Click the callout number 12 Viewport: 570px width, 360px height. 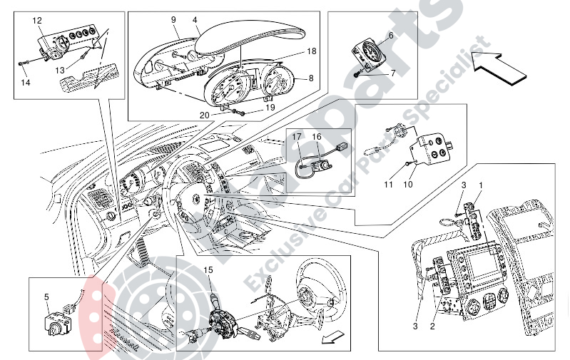pos(37,20)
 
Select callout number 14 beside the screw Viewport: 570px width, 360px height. pos(26,83)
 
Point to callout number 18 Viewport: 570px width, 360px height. pos(312,52)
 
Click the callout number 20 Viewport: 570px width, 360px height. pos(205,115)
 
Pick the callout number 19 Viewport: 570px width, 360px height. pos(270,108)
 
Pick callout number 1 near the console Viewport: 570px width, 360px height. pos(481,186)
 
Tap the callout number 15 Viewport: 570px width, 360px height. pos(208,270)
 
